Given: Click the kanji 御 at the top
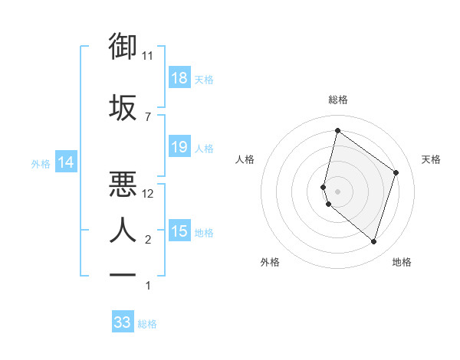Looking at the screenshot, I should [123, 47].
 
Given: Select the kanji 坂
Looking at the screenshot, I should [123, 107].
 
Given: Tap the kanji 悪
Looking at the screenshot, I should [123, 184].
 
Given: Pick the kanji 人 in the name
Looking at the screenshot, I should [123, 229].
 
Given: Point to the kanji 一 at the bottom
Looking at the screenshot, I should [123, 273].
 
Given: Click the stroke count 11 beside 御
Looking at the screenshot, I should [148, 55].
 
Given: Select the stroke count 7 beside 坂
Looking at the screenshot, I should [147, 116].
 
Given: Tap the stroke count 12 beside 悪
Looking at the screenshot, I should [148, 194].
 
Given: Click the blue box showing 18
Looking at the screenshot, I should [179, 78].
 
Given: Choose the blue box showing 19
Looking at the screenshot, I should [179, 147].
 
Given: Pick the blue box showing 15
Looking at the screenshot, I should [179, 231].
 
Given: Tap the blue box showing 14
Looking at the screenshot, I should [66, 162].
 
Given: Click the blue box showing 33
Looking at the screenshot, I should [123, 322].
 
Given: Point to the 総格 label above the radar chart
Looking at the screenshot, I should [337, 100].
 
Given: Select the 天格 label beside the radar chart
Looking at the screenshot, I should [431, 159].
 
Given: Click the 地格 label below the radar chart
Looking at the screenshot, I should [402, 262].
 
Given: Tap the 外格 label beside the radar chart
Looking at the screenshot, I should [270, 262].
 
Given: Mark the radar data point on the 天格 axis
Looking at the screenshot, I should [396, 172].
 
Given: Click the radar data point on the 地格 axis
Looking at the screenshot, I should [373, 241].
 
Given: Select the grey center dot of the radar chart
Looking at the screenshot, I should [337, 191].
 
